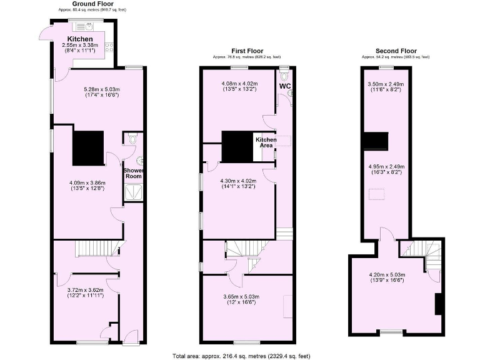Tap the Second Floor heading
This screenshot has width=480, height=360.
[x=396, y=51]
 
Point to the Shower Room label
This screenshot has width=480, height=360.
[x=133, y=173]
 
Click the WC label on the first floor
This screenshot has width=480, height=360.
[x=285, y=86]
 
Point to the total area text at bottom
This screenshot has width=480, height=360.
[x=241, y=356]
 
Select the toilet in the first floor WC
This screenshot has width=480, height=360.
[x=285, y=76]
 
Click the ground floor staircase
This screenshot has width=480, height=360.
[x=97, y=249]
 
